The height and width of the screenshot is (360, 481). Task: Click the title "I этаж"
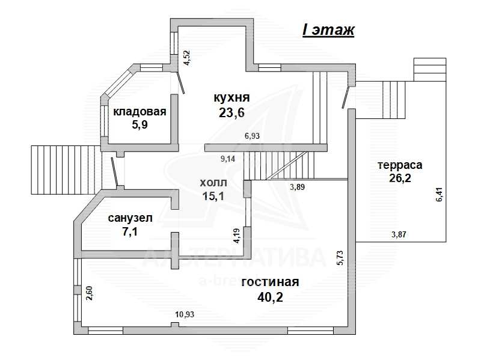(x=328, y=30)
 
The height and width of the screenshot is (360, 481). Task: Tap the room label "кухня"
(x=231, y=98)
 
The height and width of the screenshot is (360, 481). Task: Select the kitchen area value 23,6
(x=231, y=113)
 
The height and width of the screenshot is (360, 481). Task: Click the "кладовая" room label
(x=139, y=112)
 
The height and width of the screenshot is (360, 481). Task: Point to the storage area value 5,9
(x=139, y=125)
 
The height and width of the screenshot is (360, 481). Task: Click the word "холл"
(x=213, y=183)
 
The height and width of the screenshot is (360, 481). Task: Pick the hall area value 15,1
(x=213, y=196)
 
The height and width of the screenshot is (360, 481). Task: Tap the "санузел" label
(x=130, y=218)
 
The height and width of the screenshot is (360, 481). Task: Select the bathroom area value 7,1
(x=130, y=231)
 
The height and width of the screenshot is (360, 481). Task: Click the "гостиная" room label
(x=270, y=282)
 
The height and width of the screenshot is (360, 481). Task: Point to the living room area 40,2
(x=270, y=297)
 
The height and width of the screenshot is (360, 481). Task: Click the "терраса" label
(x=400, y=165)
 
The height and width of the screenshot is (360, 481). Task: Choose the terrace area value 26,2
(x=400, y=178)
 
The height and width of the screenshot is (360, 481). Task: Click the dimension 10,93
(x=185, y=314)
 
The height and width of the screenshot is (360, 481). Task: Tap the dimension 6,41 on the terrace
(x=440, y=194)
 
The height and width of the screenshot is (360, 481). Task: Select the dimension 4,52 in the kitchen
(x=186, y=58)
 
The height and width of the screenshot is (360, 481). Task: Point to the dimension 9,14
(x=228, y=159)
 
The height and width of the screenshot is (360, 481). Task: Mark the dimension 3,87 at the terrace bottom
(x=399, y=234)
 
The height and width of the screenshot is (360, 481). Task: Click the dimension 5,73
(x=340, y=258)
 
